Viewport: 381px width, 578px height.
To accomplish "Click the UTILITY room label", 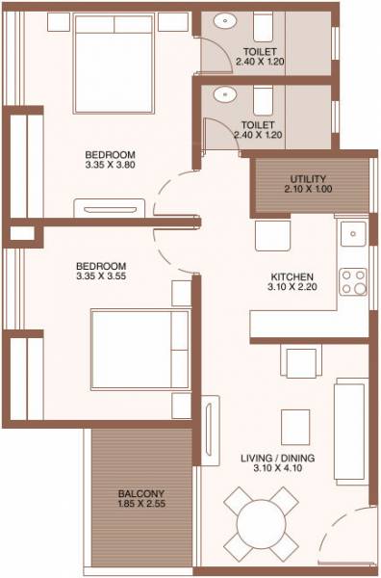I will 308,178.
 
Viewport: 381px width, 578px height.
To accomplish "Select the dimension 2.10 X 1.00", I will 308,190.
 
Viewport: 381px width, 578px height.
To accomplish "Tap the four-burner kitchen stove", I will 352,279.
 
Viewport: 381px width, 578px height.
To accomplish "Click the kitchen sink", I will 353,232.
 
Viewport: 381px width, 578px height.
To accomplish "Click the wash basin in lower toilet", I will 226,94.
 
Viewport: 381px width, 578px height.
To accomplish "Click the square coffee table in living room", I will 292,423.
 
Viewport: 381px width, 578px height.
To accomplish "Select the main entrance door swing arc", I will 343,539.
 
